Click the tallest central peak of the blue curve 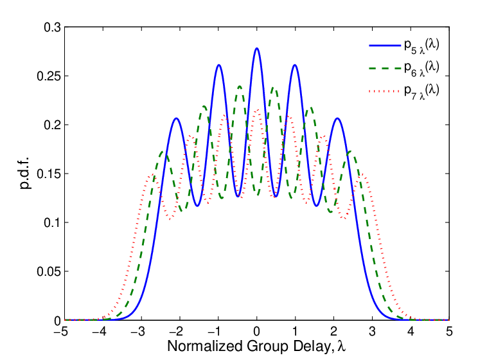pos(256,49)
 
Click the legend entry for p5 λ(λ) pos(404,46)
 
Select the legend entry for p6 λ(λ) pos(404,68)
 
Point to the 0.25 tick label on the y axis pos(49,76)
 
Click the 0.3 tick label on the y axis pos(52,28)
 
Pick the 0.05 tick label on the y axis pos(49,272)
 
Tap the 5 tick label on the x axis pos(449,332)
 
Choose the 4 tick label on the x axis pos(411,332)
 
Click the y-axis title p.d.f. pos(26,173)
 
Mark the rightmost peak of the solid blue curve pos(337,118)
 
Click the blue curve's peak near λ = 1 pos(295,65)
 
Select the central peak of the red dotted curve pos(257,110)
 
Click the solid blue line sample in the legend pos(385,46)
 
